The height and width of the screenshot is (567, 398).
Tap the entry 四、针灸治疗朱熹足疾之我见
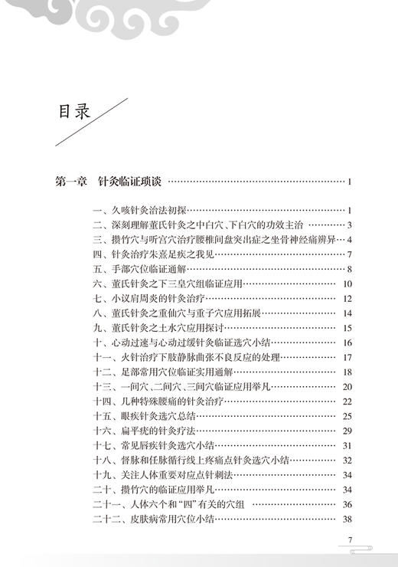pyautogui.click(x=150, y=254)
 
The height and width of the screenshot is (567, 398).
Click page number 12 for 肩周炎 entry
pyautogui.click(x=347, y=299)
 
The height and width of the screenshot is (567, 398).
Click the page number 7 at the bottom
pyautogui.click(x=349, y=541)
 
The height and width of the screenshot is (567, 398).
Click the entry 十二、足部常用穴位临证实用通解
pyautogui.click(x=165, y=372)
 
